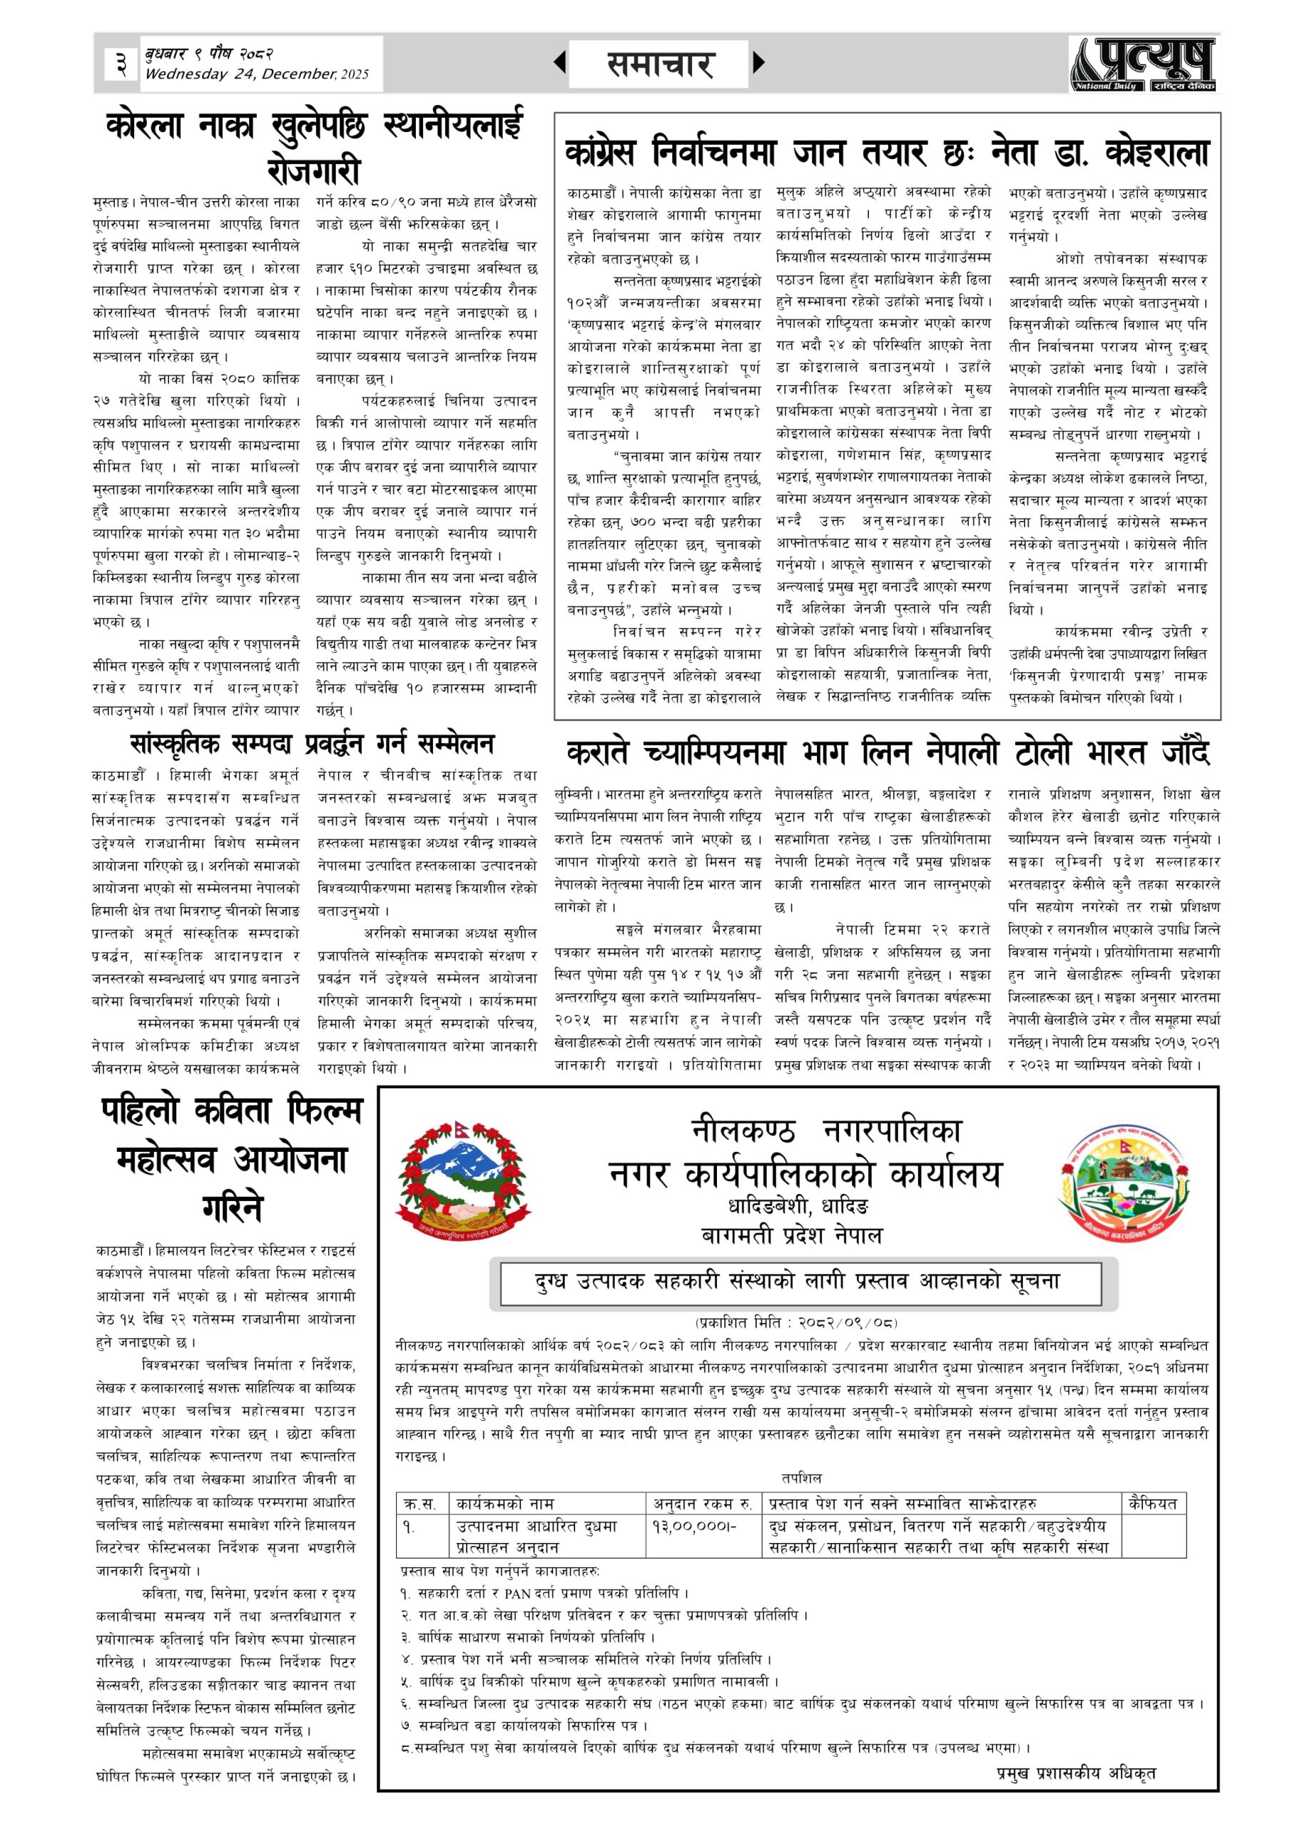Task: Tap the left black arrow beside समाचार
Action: click(x=560, y=62)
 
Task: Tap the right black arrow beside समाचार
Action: click(x=758, y=62)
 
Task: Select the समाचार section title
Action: click(x=659, y=64)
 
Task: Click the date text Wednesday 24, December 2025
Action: click(x=256, y=75)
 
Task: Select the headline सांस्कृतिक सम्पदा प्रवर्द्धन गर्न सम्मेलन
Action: click(x=312, y=744)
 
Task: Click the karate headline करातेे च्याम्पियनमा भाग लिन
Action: click(x=887, y=752)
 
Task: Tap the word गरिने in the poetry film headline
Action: click(x=232, y=1208)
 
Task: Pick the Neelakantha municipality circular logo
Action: click(x=1125, y=1178)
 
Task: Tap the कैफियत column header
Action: click(x=1153, y=1503)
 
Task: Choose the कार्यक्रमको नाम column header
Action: click(x=505, y=1503)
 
